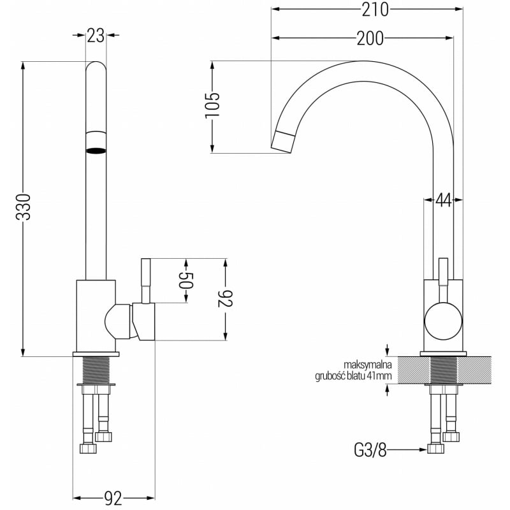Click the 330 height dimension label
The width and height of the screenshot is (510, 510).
click(23, 207)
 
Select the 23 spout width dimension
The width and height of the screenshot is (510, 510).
click(96, 36)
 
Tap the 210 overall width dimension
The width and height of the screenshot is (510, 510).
click(375, 10)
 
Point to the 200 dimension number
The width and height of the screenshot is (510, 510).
click(370, 38)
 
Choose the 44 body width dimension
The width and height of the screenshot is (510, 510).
click(443, 200)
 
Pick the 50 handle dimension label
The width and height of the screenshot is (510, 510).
click(186, 280)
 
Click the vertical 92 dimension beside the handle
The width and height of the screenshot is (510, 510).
click(225, 298)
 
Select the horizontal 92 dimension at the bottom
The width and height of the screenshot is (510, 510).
click(113, 499)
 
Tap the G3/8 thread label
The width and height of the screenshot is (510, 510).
click(370, 451)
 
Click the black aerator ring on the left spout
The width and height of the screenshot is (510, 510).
click(96, 150)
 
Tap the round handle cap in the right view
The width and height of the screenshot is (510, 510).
click(443, 321)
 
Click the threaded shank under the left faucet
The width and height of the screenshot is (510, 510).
click(96, 370)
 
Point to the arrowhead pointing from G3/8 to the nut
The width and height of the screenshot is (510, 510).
click(423, 450)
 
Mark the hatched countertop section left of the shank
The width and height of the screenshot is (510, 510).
click(414, 370)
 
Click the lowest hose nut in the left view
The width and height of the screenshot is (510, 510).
click(88, 449)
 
